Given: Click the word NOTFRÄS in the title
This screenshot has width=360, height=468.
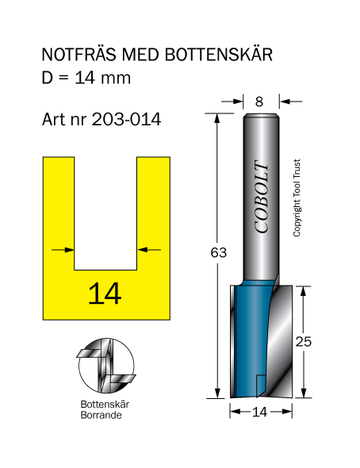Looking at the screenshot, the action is pyautogui.click(x=79, y=55).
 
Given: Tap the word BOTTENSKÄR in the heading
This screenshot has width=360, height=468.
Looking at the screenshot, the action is pyautogui.click(x=219, y=55).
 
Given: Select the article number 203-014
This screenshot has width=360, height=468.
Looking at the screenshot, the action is pyautogui.click(x=126, y=120).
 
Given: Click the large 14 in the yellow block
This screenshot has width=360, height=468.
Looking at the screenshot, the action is pyautogui.click(x=105, y=293).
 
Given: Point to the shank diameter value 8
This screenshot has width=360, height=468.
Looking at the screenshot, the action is pyautogui.click(x=259, y=102).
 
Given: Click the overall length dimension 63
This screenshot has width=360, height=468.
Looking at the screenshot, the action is pyautogui.click(x=219, y=252).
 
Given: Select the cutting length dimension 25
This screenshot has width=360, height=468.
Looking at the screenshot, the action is pyautogui.click(x=304, y=341).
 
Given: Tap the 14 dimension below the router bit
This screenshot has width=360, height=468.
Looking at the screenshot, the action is pyautogui.click(x=260, y=412).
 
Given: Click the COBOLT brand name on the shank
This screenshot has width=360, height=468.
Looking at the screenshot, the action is pyautogui.click(x=262, y=197).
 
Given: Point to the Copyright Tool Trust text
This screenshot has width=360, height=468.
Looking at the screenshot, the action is pyautogui.click(x=297, y=198).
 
